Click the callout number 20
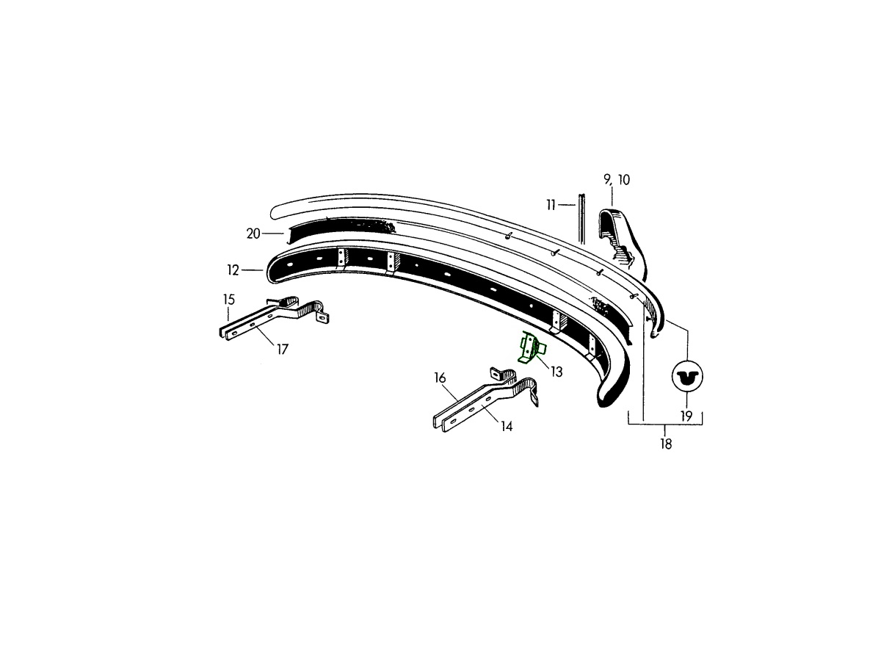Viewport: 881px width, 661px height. pyautogui.click(x=253, y=234)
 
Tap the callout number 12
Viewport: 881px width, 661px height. pyautogui.click(x=233, y=270)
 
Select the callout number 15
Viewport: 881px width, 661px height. pyautogui.click(x=229, y=300)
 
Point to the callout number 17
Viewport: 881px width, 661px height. pyautogui.click(x=283, y=350)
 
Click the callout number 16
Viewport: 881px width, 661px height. pyautogui.click(x=440, y=378)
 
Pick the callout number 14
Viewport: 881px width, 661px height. pyautogui.click(x=507, y=427)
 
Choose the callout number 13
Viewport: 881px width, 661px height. pyautogui.click(x=556, y=372)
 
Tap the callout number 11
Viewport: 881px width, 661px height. pyautogui.click(x=551, y=205)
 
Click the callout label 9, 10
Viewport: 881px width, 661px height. pyautogui.click(x=617, y=180)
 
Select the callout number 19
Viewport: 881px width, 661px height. pyautogui.click(x=686, y=416)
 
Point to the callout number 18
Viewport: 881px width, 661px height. pyautogui.click(x=665, y=444)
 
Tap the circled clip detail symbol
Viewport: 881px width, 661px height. pyautogui.click(x=687, y=377)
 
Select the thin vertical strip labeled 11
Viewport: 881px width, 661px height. pyautogui.click(x=581, y=219)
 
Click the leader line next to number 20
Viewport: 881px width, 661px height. pyautogui.click(x=274, y=233)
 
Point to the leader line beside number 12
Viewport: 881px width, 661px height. pyautogui.click(x=252, y=270)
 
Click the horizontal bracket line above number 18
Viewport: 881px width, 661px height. pyautogui.click(x=665, y=425)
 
